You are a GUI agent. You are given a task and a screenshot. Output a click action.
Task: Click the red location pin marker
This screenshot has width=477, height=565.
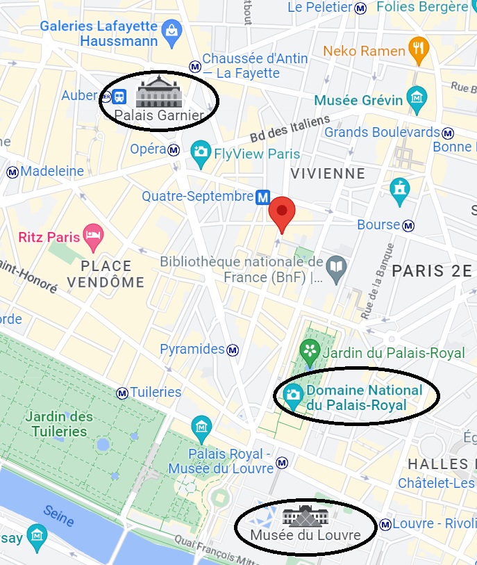(282, 211)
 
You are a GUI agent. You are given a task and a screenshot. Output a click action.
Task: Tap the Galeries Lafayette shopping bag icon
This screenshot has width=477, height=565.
(170, 30)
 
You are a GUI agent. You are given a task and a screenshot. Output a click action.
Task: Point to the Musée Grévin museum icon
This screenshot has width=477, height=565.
(417, 97)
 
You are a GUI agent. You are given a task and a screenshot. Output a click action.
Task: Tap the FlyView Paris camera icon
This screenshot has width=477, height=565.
(201, 154)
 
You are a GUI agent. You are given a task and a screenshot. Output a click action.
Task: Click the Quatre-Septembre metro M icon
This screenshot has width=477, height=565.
(262, 197)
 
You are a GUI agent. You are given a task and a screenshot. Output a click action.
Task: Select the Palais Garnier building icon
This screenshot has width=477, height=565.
(159, 92)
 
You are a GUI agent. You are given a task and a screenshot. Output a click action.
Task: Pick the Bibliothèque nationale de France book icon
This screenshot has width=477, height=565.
(337, 266)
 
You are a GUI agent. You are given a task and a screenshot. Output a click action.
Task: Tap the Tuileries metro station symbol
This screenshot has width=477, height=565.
(123, 393)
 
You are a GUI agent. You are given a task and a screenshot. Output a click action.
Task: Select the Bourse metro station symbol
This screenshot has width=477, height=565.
(409, 225)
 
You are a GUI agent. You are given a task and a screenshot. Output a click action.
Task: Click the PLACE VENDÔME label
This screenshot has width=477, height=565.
(106, 274)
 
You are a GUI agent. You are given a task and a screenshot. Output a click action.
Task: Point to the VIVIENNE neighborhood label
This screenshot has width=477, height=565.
(328, 173)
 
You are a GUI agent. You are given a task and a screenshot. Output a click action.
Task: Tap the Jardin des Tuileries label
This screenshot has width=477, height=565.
(59, 424)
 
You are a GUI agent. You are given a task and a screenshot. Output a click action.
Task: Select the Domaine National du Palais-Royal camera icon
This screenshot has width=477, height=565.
(293, 395)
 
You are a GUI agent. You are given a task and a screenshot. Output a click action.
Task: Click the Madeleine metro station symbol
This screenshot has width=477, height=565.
(12, 172)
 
